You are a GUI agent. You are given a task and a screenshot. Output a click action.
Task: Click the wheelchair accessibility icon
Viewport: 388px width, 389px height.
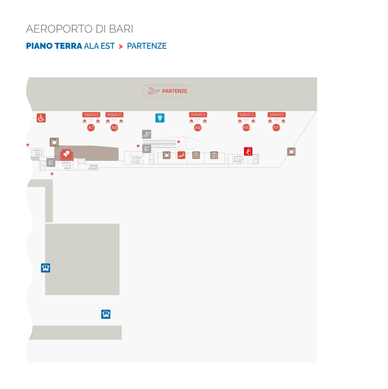point(41,118)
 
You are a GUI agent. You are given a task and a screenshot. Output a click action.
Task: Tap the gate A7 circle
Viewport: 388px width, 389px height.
point(91,128)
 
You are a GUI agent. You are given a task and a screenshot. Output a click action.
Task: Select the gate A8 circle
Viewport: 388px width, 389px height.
point(114,128)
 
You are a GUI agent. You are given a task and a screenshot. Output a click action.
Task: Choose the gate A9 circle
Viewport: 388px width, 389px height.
point(198,128)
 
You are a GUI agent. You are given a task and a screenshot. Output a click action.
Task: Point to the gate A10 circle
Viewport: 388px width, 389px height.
point(246,128)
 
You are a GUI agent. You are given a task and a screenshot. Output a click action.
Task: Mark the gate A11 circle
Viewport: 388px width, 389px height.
point(276,128)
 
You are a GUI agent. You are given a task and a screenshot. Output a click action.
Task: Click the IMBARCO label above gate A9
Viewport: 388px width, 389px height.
point(198,115)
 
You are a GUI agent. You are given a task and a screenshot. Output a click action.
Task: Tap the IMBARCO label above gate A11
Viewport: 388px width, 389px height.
point(277,115)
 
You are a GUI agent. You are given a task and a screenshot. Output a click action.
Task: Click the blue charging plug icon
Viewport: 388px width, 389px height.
point(160,118)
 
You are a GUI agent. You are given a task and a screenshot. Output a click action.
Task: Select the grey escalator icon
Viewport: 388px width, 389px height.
point(147,134)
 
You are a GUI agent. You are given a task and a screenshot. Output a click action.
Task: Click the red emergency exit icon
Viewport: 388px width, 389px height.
point(248,151)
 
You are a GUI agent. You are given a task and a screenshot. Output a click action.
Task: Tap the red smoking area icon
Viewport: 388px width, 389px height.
point(181,155)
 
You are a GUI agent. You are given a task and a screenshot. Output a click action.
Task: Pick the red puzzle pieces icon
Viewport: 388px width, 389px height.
point(67,154)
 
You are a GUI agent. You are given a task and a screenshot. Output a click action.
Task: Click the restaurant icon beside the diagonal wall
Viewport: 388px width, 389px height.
point(291,152)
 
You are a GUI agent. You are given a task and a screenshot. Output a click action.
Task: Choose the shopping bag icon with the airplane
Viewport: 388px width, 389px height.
point(214,155)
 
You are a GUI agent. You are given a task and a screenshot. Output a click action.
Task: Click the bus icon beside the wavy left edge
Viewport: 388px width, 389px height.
point(45,268)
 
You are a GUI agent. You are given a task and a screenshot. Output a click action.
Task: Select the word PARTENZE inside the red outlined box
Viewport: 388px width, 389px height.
point(174,91)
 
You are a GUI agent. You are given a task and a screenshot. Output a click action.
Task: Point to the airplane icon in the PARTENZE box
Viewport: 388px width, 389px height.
point(154,91)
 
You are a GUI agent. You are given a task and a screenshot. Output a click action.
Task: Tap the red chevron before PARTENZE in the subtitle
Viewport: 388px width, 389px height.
point(121,46)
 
